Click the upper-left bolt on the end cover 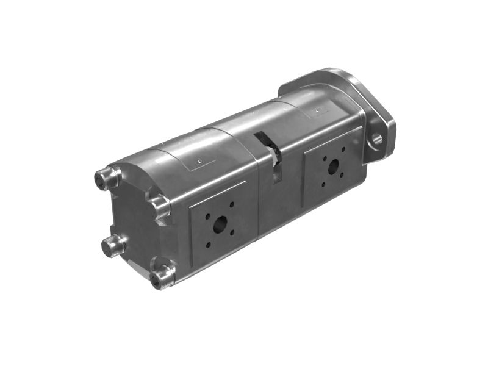click(102, 178)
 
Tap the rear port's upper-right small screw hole click(232, 204)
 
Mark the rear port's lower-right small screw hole click(232, 232)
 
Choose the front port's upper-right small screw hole click(343, 149)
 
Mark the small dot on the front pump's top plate click(318, 111)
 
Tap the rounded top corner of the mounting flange click(345, 73)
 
